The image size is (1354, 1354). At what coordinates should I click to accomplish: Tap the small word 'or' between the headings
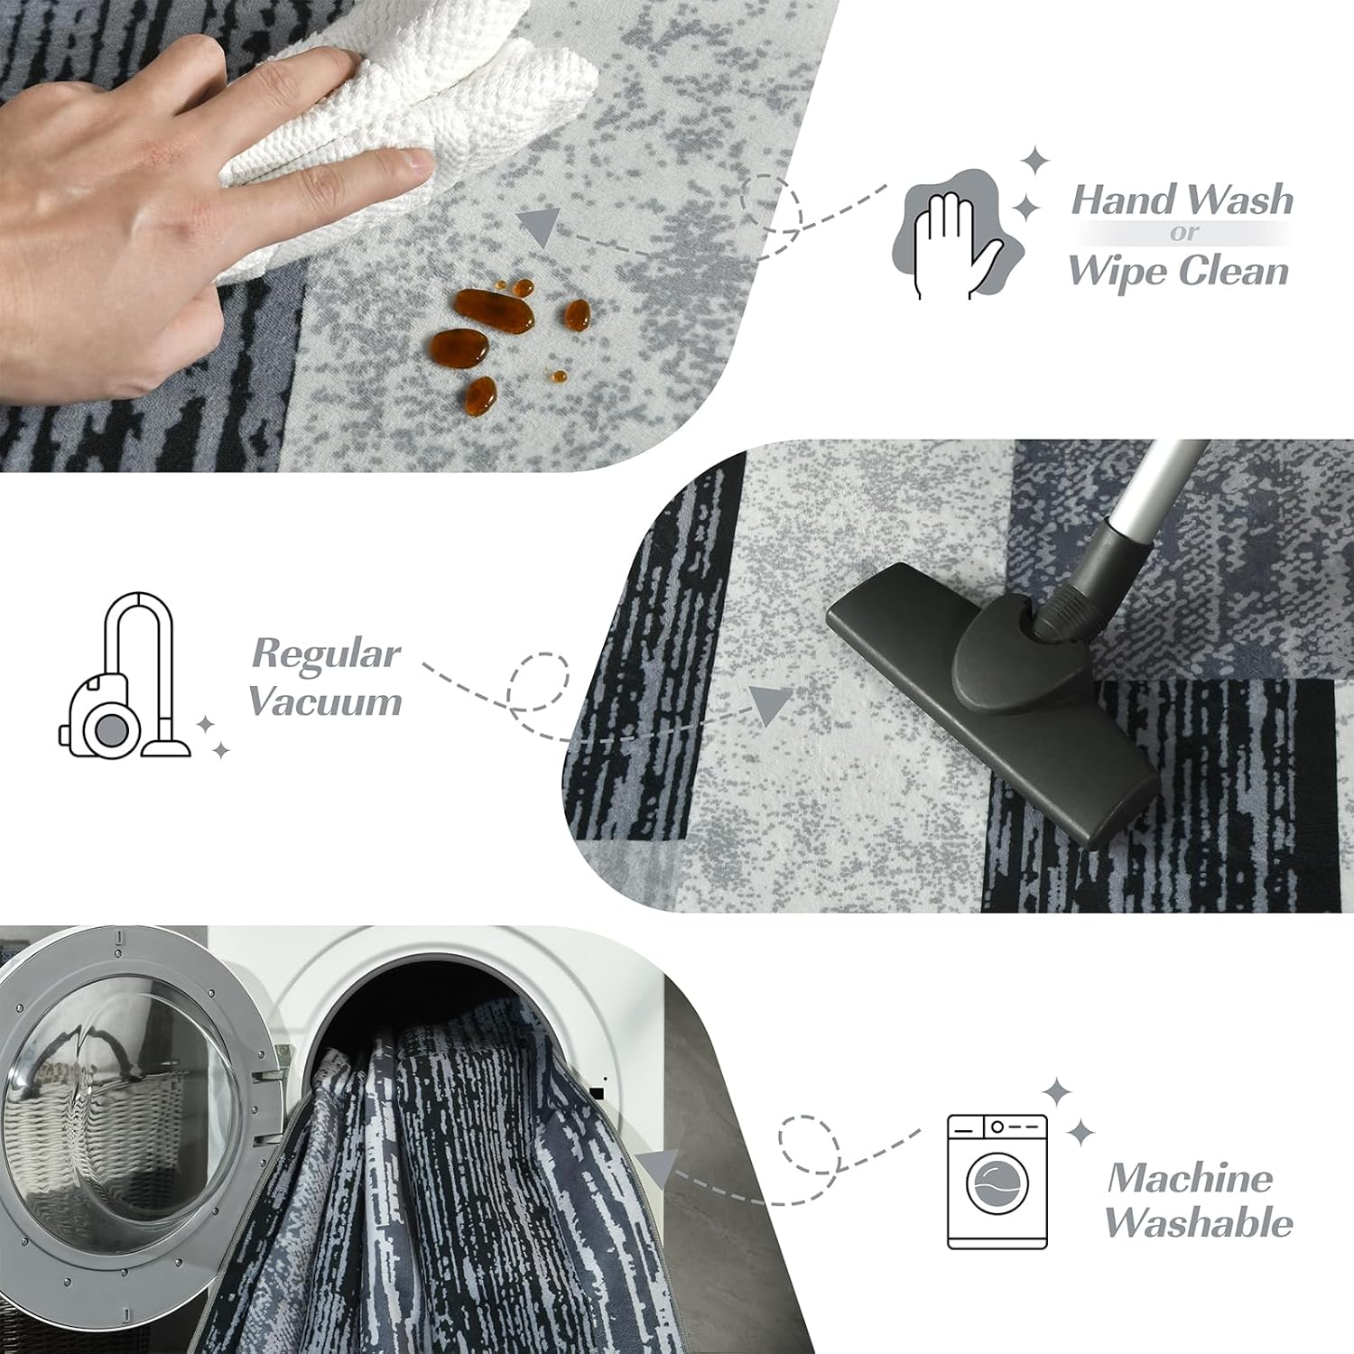tap(1183, 233)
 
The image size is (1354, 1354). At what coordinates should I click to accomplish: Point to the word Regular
tap(326, 654)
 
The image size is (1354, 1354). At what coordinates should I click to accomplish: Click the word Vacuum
tap(325, 701)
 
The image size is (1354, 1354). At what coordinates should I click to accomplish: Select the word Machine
tap(1191, 1177)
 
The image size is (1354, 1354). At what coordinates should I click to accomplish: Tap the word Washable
tap(1199, 1222)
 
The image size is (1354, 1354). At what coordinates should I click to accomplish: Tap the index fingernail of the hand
tap(417, 162)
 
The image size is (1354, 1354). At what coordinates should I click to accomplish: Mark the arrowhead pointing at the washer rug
tap(654, 1168)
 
